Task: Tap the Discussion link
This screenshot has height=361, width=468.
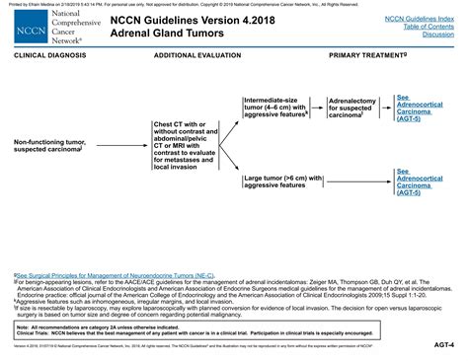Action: coord(438,34)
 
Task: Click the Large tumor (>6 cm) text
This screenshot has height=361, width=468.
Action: coord(280,180)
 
